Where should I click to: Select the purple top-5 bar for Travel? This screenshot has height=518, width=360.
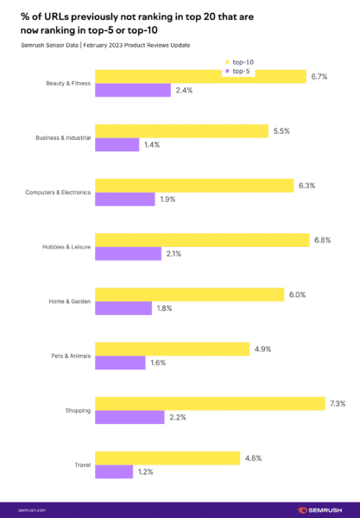(x=113, y=471)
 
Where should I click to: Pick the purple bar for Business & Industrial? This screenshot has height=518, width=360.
(x=117, y=146)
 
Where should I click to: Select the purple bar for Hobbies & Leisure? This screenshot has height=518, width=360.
(x=126, y=254)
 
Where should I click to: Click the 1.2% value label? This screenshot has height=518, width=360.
(x=146, y=472)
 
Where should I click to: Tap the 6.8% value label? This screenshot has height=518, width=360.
(x=320, y=239)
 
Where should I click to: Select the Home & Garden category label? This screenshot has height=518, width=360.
(x=69, y=301)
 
